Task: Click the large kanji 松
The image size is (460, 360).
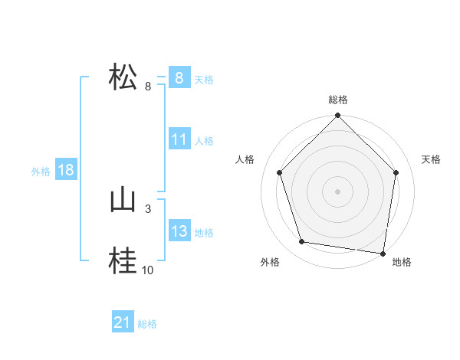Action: point(123,77)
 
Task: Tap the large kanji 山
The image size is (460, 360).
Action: point(123,201)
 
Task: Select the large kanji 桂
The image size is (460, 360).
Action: point(123,262)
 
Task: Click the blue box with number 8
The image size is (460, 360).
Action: point(179,77)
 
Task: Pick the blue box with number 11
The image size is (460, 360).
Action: point(179,139)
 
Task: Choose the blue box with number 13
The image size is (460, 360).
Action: point(179,231)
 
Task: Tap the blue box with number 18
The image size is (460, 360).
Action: point(66,170)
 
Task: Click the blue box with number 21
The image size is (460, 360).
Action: point(123,323)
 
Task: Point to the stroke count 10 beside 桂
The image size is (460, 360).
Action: point(147,270)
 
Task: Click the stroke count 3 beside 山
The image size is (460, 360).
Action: point(147,208)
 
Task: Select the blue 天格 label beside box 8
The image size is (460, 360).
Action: point(204,79)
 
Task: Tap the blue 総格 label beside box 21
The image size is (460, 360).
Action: point(147,324)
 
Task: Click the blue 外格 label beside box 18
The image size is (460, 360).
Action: point(41,172)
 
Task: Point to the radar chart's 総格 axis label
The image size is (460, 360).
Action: point(337,100)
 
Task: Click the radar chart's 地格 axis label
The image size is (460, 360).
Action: point(402,262)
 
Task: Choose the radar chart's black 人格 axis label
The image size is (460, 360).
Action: point(245,159)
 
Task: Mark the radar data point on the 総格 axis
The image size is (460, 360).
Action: point(337,116)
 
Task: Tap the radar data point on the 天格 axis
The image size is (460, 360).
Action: point(396,172)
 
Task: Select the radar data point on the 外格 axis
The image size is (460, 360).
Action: point(302,242)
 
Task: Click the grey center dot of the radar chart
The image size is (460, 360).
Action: point(337,191)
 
